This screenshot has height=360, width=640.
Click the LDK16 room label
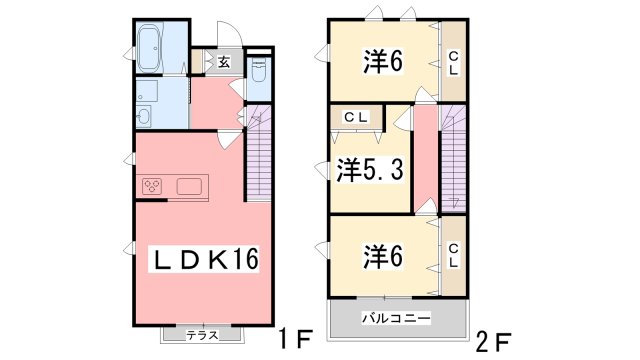[x=204, y=260]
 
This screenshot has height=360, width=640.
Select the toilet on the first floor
[x=259, y=75]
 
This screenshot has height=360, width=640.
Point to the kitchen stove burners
[x=153, y=187]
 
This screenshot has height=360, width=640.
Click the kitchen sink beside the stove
[x=191, y=187]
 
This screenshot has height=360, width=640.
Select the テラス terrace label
[x=203, y=335]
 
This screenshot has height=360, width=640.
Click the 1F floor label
[x=297, y=337]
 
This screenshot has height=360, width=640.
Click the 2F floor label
[x=495, y=337]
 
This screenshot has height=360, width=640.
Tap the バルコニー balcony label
[x=395, y=318]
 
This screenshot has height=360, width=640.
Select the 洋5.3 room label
[x=369, y=170]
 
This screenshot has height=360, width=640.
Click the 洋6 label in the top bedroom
[x=382, y=61]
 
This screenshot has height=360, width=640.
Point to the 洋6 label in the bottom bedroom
[x=382, y=257]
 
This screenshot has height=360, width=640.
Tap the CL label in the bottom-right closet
[x=454, y=256]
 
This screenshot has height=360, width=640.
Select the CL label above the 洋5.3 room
[x=356, y=117]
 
